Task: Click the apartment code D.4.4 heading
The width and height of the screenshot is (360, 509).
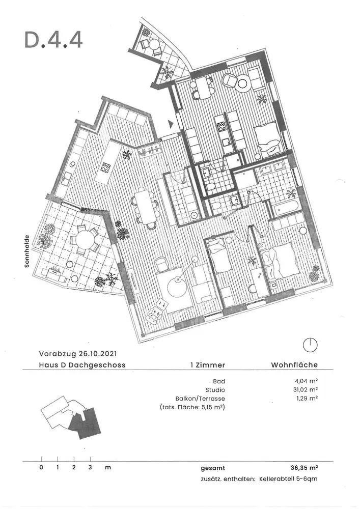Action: pyautogui.click(x=53, y=40)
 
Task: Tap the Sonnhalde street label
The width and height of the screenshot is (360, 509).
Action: pyautogui.click(x=27, y=251)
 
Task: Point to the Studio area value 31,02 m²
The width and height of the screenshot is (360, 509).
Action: pyautogui.click(x=304, y=390)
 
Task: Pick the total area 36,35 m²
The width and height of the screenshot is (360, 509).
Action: pyautogui.click(x=304, y=468)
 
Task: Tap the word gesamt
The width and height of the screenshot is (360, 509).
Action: pyautogui.click(x=213, y=468)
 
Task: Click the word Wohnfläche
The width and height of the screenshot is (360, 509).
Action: pyautogui.click(x=294, y=365)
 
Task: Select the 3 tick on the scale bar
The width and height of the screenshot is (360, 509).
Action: pyautogui.click(x=90, y=467)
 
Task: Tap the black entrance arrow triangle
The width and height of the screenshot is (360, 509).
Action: pyautogui.click(x=171, y=124)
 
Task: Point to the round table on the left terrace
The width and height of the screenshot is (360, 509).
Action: pyautogui.click(x=84, y=241)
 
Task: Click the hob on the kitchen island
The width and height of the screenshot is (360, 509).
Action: pyautogui.click(x=106, y=167)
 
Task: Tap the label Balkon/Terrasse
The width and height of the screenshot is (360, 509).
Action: pyautogui.click(x=200, y=399)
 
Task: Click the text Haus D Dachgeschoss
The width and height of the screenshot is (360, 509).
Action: pyautogui.click(x=82, y=365)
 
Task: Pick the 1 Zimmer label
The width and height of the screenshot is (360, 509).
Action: pyautogui.click(x=208, y=365)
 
